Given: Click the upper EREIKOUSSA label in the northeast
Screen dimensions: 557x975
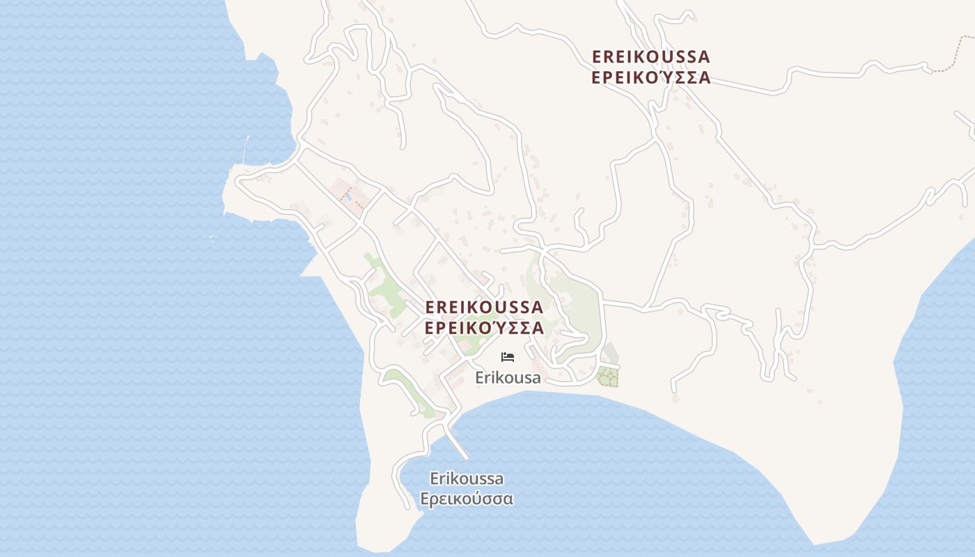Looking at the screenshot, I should [650, 56].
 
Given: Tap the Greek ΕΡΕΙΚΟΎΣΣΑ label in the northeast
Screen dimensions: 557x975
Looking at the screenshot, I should [650, 77].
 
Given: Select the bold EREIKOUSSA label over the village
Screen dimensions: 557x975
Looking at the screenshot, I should [484, 307].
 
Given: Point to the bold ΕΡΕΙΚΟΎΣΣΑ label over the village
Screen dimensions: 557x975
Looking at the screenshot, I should [484, 328].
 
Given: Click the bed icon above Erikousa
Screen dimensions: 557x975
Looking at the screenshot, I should [508, 357].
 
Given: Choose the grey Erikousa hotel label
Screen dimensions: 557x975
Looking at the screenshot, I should [508, 378].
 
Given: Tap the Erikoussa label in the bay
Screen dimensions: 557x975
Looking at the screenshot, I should [467, 479].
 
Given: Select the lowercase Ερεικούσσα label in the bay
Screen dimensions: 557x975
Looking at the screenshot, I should [467, 499].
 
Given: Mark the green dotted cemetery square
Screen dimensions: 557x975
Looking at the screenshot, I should [608, 377].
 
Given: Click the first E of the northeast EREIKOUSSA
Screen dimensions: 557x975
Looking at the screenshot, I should [597, 56].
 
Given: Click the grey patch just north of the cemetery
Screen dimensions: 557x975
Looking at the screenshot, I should [610, 353].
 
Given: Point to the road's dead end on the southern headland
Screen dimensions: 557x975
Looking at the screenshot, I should [408, 507].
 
